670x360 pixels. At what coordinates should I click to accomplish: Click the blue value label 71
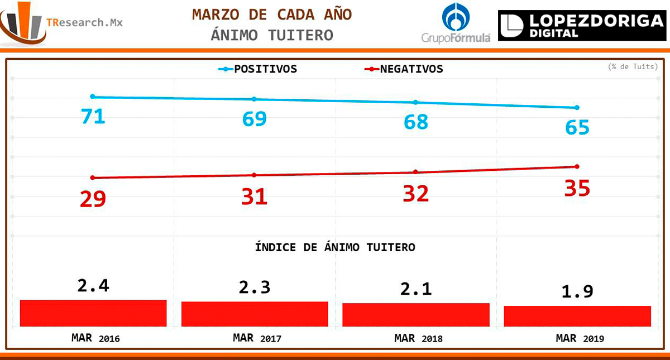click(93, 116)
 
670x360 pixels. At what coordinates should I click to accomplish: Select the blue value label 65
click(577, 127)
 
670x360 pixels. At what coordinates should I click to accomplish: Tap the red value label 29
click(93, 198)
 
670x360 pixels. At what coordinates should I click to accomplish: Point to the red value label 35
click(577, 188)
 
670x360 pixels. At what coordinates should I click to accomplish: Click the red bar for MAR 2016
click(93, 313)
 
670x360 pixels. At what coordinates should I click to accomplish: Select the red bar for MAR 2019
click(577, 316)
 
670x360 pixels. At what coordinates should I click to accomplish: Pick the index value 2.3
click(254, 287)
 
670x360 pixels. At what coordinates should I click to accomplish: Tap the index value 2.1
click(415, 289)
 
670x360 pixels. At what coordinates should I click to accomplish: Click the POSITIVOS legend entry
click(258, 69)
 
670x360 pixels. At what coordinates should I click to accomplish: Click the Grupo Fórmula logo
click(456, 23)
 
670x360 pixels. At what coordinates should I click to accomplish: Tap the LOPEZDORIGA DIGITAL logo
click(581, 26)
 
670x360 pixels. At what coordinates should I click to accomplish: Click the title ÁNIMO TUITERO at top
click(272, 35)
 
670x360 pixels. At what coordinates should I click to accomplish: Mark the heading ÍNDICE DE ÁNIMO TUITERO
click(335, 247)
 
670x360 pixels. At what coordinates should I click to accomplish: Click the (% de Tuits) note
click(633, 66)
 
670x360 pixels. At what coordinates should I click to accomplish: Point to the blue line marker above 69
click(254, 99)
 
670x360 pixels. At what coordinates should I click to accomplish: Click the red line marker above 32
click(415, 172)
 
